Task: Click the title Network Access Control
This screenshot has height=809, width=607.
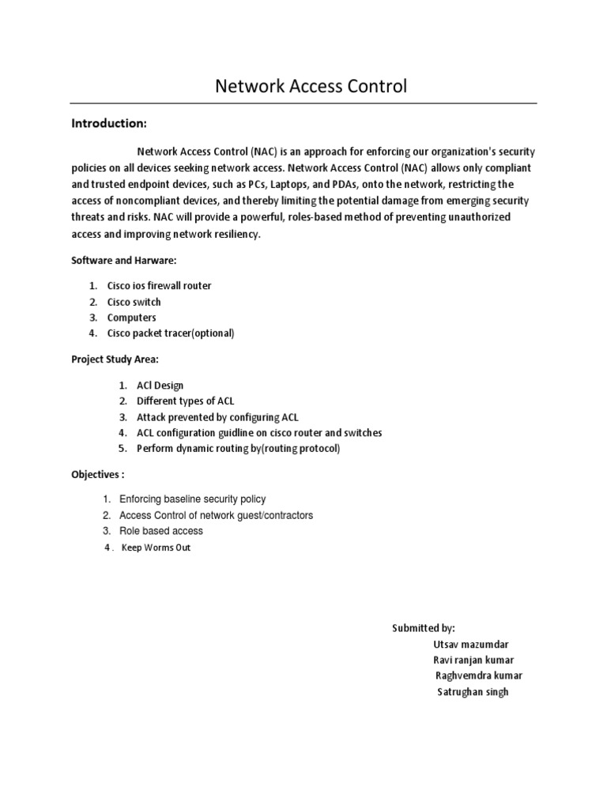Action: pyautogui.click(x=311, y=86)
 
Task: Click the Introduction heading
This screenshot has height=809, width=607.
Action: pyautogui.click(x=109, y=123)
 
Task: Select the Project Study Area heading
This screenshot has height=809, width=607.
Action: pyautogui.click(x=115, y=359)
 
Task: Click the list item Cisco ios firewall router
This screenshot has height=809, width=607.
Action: pyautogui.click(x=160, y=286)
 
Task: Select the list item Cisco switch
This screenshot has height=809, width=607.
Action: pyautogui.click(x=134, y=302)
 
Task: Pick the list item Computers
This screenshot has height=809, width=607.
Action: pyautogui.click(x=132, y=318)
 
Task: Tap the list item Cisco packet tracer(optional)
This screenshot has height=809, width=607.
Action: pyautogui.click(x=171, y=333)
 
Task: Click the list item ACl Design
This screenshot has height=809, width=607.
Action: pyautogui.click(x=160, y=386)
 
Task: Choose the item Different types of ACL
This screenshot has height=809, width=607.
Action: pyautogui.click(x=186, y=401)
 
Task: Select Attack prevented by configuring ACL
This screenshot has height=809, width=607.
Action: pyautogui.click(x=217, y=417)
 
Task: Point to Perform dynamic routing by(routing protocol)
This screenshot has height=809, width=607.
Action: pyautogui.click(x=238, y=449)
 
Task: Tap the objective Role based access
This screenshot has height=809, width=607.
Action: pyautogui.click(x=160, y=531)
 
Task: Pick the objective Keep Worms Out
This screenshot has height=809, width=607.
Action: pyautogui.click(x=156, y=547)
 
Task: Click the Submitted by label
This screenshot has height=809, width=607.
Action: pyautogui.click(x=424, y=628)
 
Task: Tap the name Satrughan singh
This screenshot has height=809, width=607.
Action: pyautogui.click(x=473, y=692)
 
